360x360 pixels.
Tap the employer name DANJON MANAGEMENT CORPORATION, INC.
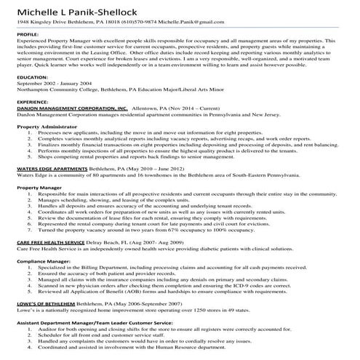click(x=71, y=129)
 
